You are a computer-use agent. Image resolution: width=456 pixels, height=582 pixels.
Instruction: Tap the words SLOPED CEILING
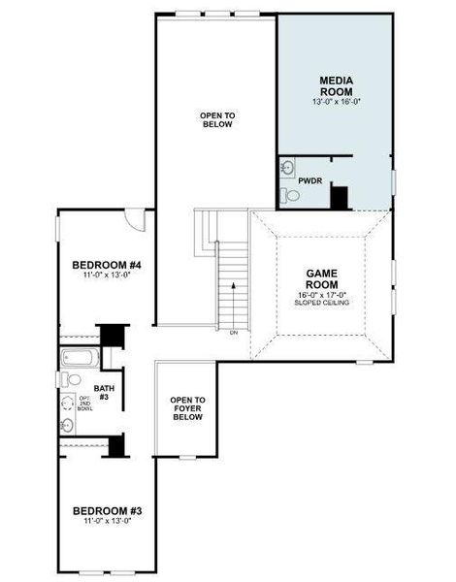tap(321, 303)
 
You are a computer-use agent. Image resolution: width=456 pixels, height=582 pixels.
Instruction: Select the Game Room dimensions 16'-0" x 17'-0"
tap(321, 294)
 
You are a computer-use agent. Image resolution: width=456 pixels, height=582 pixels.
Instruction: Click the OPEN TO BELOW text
tap(217, 119)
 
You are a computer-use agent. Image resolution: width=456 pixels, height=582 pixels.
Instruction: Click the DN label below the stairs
tap(234, 333)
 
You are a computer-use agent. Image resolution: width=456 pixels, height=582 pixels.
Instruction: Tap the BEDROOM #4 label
tap(108, 266)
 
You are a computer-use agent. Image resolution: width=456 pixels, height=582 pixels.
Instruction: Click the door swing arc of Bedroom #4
tap(139, 220)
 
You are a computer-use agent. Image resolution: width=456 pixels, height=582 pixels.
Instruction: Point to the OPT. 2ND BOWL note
tap(85, 407)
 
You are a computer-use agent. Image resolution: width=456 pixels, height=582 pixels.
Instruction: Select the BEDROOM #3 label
tap(108, 511)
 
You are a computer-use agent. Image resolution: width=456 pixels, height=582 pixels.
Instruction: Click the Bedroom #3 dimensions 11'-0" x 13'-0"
tap(108, 521)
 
